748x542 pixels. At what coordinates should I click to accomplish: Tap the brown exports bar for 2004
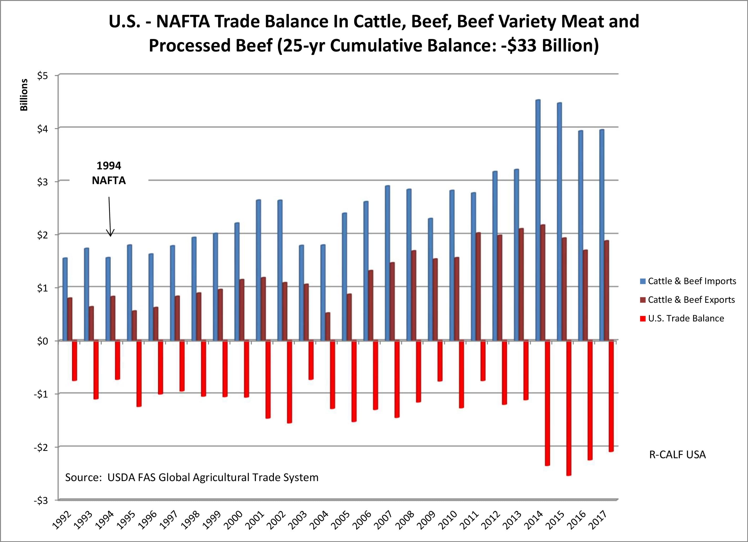point(328,326)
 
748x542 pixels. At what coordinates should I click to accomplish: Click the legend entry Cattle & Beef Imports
point(691,281)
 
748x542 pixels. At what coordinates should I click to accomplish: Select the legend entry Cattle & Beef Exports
point(691,300)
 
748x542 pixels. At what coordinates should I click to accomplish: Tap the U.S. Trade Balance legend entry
point(686,318)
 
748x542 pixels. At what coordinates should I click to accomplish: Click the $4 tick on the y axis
point(43,129)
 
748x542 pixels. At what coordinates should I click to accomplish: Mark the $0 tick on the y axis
point(43,341)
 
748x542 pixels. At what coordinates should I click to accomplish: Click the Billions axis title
point(24,95)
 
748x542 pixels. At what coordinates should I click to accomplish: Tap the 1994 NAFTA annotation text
point(109,173)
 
